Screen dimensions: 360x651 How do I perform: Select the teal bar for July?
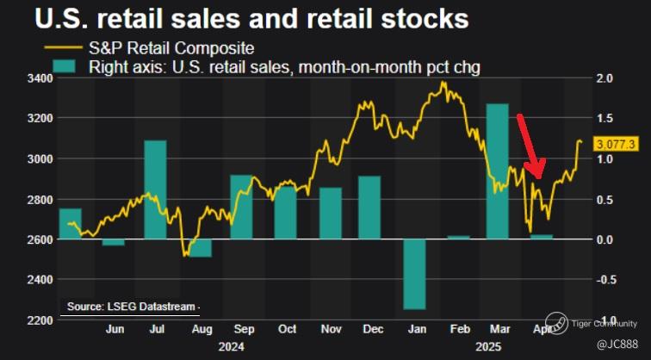[x=155, y=189]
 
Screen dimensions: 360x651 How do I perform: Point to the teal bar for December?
[x=369, y=207]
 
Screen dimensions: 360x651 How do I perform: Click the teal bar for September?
[x=242, y=207]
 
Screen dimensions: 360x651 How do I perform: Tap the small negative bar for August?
[x=200, y=248]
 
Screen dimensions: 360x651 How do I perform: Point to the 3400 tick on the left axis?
[x=39, y=78]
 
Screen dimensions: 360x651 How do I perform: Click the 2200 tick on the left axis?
[x=39, y=320]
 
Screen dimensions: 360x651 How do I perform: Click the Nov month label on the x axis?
[x=331, y=329]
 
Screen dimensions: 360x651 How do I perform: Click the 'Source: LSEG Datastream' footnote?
[x=132, y=307]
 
